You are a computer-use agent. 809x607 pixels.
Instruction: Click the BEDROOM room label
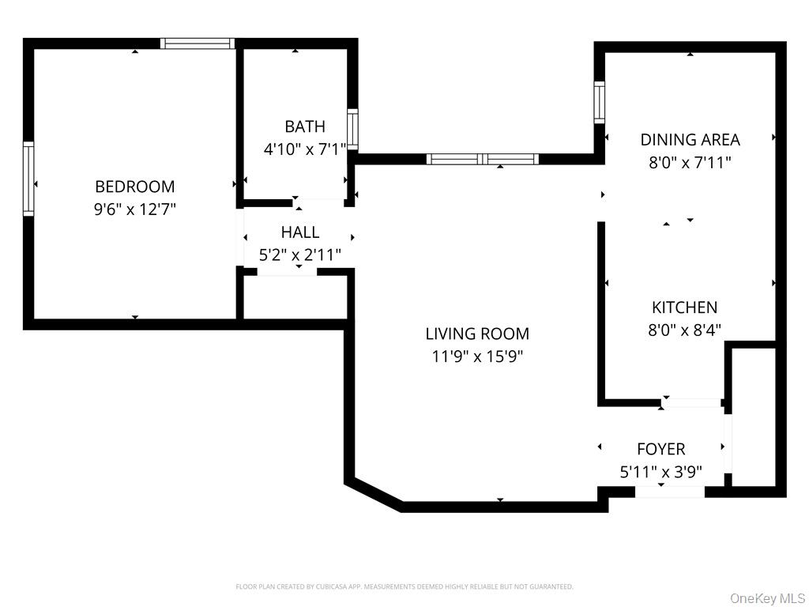click(x=134, y=187)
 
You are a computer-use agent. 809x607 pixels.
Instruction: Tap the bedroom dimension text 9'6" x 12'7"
click(x=134, y=210)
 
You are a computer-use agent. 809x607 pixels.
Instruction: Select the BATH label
click(x=304, y=126)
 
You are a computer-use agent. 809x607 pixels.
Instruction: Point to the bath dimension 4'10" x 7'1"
click(x=304, y=149)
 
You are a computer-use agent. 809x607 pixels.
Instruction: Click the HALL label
click(x=300, y=232)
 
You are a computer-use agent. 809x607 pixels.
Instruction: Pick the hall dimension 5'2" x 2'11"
click(x=300, y=255)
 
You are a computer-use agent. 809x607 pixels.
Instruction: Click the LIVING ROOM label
click(x=477, y=334)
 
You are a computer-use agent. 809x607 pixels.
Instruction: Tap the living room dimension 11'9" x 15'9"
click(x=477, y=356)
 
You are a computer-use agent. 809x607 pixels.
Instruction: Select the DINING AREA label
click(x=690, y=140)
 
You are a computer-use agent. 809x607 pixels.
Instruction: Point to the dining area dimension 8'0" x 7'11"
click(x=690, y=163)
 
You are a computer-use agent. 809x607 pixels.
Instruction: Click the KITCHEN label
click(x=684, y=307)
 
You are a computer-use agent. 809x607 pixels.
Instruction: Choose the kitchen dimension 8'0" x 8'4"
click(x=684, y=330)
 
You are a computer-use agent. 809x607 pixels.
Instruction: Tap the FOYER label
click(x=660, y=450)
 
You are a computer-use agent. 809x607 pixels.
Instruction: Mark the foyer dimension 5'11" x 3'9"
click(x=660, y=473)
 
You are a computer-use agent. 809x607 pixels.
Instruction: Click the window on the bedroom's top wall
click(x=198, y=43)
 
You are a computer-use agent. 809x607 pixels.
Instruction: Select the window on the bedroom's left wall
click(x=28, y=179)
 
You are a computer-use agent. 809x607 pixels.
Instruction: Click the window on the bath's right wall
click(x=353, y=129)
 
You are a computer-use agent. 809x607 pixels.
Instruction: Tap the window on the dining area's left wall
click(x=599, y=100)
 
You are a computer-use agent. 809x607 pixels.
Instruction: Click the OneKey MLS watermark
click(x=766, y=598)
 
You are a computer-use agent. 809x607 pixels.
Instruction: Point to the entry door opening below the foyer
click(x=670, y=492)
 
